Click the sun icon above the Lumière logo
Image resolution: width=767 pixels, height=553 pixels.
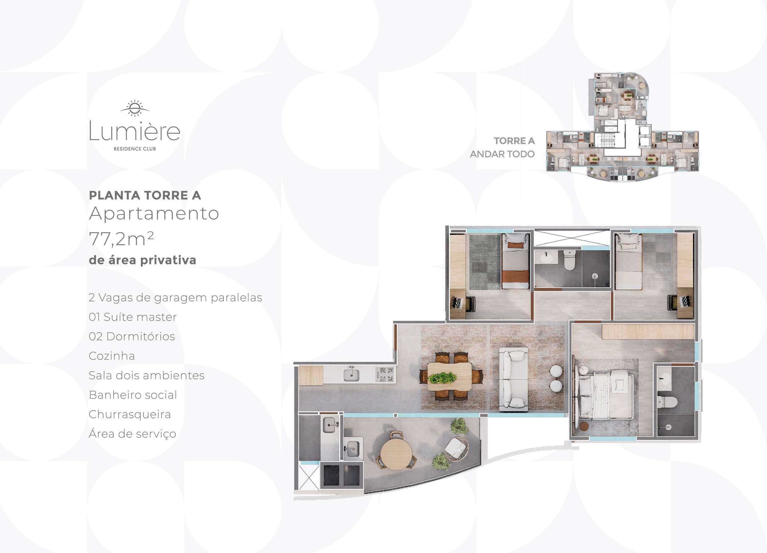coord(135,108)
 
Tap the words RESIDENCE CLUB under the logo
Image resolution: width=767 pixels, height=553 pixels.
coord(135,149)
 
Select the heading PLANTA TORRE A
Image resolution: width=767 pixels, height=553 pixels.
coord(145,195)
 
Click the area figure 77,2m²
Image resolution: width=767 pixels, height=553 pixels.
coord(121,239)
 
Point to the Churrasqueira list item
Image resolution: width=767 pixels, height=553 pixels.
coord(130,414)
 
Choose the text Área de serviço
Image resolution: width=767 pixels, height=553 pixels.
coord(132,434)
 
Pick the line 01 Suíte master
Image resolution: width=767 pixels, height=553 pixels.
coord(133,317)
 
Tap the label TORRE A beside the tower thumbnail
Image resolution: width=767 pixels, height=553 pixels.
coord(514,141)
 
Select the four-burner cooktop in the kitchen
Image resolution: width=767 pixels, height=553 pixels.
coord(385,374)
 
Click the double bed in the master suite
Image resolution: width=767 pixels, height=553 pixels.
coord(605,394)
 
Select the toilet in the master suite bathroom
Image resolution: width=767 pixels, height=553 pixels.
coord(667,402)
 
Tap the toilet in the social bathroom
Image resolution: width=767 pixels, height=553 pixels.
coord(570,261)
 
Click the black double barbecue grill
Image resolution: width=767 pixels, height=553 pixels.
coord(342,475)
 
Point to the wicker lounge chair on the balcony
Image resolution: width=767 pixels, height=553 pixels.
coord(457,448)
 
